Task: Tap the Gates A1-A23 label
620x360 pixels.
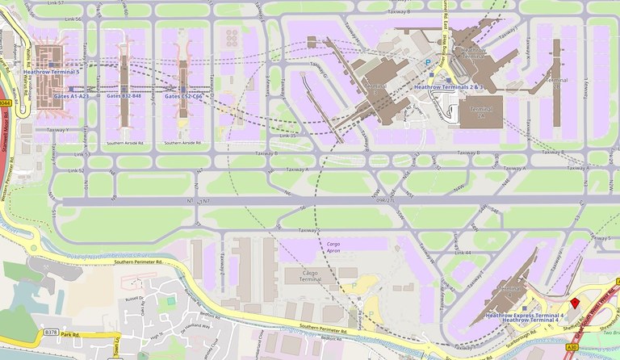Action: (x=71, y=95)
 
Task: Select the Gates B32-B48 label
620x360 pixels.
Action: (x=124, y=95)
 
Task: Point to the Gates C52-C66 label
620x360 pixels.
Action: (x=183, y=95)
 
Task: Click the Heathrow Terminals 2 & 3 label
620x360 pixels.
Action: (x=447, y=86)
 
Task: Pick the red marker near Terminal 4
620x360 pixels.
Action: (x=575, y=303)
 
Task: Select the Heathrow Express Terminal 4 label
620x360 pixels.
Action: (x=524, y=314)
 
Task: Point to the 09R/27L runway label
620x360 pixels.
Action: (x=386, y=199)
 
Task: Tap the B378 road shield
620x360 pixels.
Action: (x=52, y=331)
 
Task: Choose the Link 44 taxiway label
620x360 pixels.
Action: (x=463, y=253)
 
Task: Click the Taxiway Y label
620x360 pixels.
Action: (x=57, y=129)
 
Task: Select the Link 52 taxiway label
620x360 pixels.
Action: (x=77, y=170)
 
